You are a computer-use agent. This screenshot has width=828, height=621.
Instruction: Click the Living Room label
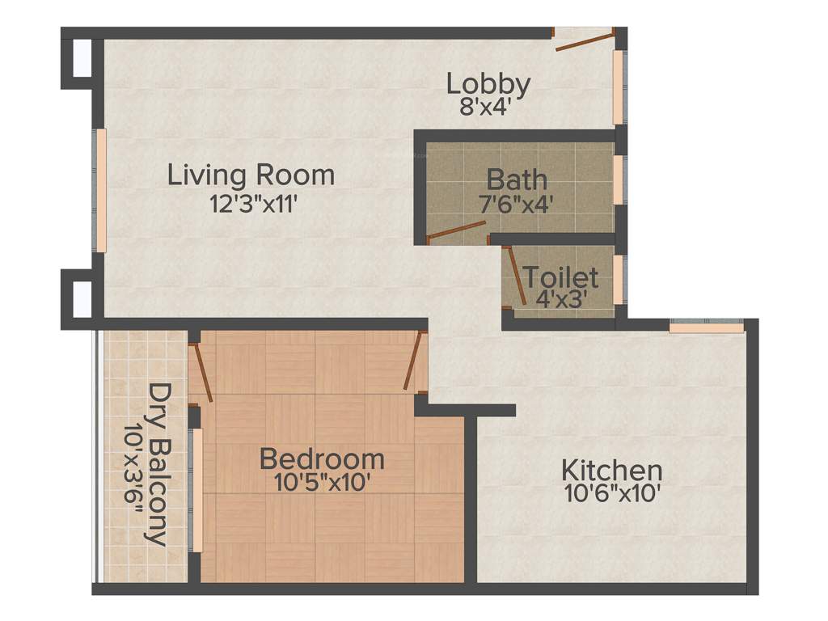251,175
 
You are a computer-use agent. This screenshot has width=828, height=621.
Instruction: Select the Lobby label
488,83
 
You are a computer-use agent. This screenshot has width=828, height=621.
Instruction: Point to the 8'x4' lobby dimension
485,108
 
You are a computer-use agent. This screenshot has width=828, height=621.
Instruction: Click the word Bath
517,179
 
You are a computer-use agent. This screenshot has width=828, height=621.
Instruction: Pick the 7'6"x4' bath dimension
517,203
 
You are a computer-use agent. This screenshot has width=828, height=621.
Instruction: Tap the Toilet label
561,277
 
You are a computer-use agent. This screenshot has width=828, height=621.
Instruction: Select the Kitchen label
612,470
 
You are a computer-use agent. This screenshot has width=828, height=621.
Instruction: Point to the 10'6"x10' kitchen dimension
612,494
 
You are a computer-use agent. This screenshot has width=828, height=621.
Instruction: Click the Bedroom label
322,459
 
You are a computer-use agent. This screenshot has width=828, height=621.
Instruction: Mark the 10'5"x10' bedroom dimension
322,484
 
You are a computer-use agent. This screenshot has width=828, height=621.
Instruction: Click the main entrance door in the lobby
583,40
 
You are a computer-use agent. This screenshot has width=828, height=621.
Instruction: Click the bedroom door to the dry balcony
201,373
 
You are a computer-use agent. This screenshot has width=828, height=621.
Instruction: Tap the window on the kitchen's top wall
706,327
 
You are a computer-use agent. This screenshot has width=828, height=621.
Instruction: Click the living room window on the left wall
102,190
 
